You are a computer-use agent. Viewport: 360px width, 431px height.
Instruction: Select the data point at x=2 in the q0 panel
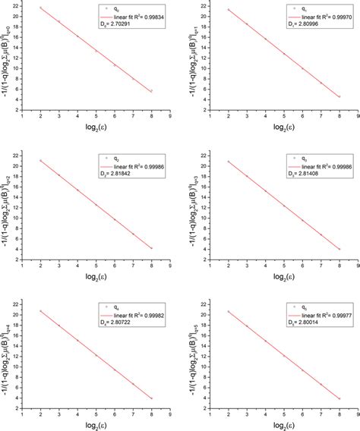[x=41, y=8]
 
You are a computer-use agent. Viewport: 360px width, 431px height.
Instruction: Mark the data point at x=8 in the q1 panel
[x=339, y=96]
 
